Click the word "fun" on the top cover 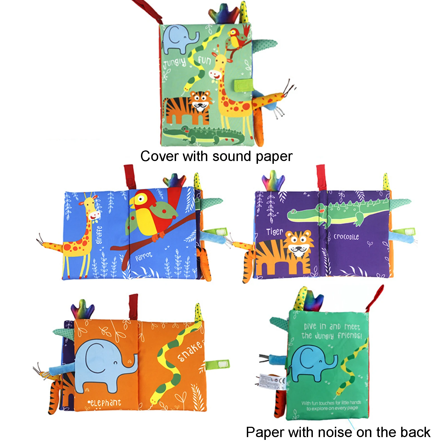204,60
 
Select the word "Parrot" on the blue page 144,257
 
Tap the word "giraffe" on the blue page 99,235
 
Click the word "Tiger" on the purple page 274,232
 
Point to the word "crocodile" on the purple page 346,237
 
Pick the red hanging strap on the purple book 321,177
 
